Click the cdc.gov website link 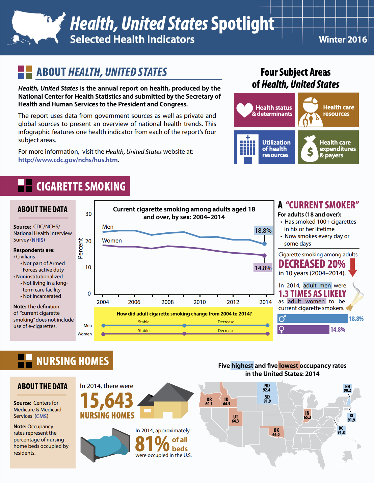pos(68,160)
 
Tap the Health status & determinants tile pos(264,110)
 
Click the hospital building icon pos(247,148)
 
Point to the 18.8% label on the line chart pos(263,230)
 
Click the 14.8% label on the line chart pos(263,268)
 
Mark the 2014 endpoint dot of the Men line pos(264,244)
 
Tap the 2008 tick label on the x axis pos(167,302)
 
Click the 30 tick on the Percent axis pos(88,214)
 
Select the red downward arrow pos(352,267)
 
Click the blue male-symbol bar pos(312,319)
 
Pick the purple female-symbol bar pos(303,330)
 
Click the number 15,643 pos(107,401)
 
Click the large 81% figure pos(152,443)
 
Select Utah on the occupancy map pos(235,418)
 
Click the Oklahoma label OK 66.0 pos(276,432)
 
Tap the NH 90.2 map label pos(347,388)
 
